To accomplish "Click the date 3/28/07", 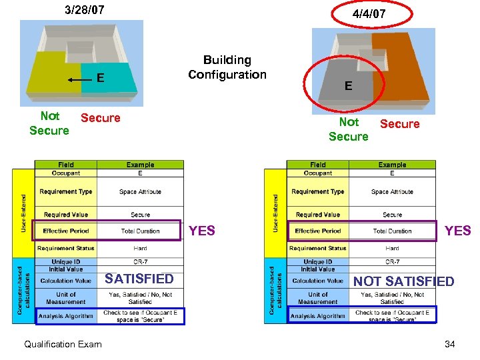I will (84, 10).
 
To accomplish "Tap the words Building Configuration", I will (227, 67).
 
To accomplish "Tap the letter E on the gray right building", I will (348, 85).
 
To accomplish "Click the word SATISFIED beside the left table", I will (139, 279).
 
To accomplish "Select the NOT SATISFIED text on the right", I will (403, 281).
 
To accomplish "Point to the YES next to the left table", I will (202, 231).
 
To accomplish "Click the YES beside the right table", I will (457, 231).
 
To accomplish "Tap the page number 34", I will (449, 344).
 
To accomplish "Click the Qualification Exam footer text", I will (63, 344).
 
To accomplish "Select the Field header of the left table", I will (65, 165).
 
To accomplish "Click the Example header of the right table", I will (392, 165).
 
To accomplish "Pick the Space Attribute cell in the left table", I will (140, 192).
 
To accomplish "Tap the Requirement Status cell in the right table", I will (318, 248).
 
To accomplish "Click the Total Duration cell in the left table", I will (140, 231).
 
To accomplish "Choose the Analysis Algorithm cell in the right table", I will (318, 316).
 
